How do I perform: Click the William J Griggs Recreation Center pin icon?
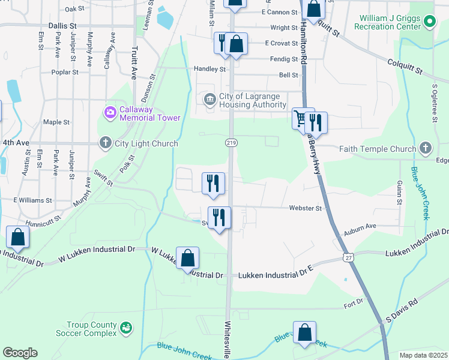click(x=429, y=22)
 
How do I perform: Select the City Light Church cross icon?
click(x=106, y=143)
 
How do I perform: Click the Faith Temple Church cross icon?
click(x=426, y=148)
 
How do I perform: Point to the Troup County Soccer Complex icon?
click(x=126, y=328)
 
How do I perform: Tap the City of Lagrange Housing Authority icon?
click(x=209, y=100)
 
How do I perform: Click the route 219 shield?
click(x=231, y=142)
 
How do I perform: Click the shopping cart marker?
click(x=300, y=118)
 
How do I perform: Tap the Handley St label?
click(x=209, y=69)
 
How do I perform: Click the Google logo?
click(x=20, y=353)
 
